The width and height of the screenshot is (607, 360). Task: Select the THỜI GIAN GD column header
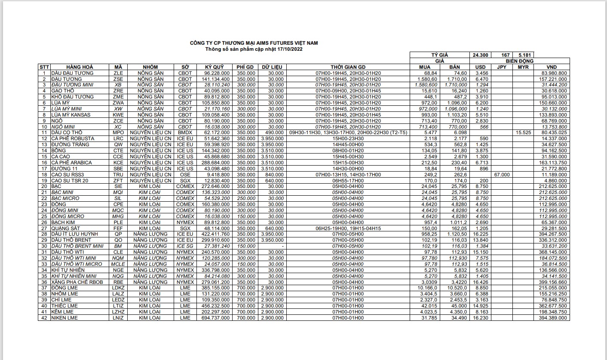click(x=348, y=67)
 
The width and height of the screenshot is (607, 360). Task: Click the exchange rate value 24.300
click(x=480, y=55)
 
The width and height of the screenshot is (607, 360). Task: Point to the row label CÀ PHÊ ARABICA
click(x=72, y=163)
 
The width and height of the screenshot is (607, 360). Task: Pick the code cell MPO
click(x=118, y=133)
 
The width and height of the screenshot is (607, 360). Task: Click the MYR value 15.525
click(x=523, y=133)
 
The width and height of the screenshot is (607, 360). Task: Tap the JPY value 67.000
click(x=502, y=175)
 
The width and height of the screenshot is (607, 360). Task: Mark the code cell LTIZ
click(x=118, y=306)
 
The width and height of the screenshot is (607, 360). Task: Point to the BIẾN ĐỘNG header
click(x=520, y=61)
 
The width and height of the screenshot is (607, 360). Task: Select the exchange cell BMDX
click(x=185, y=133)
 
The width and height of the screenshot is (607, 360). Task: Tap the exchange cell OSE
click(x=185, y=175)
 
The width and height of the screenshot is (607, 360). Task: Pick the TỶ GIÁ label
click(x=440, y=55)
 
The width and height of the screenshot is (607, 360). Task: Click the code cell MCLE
click(x=118, y=264)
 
